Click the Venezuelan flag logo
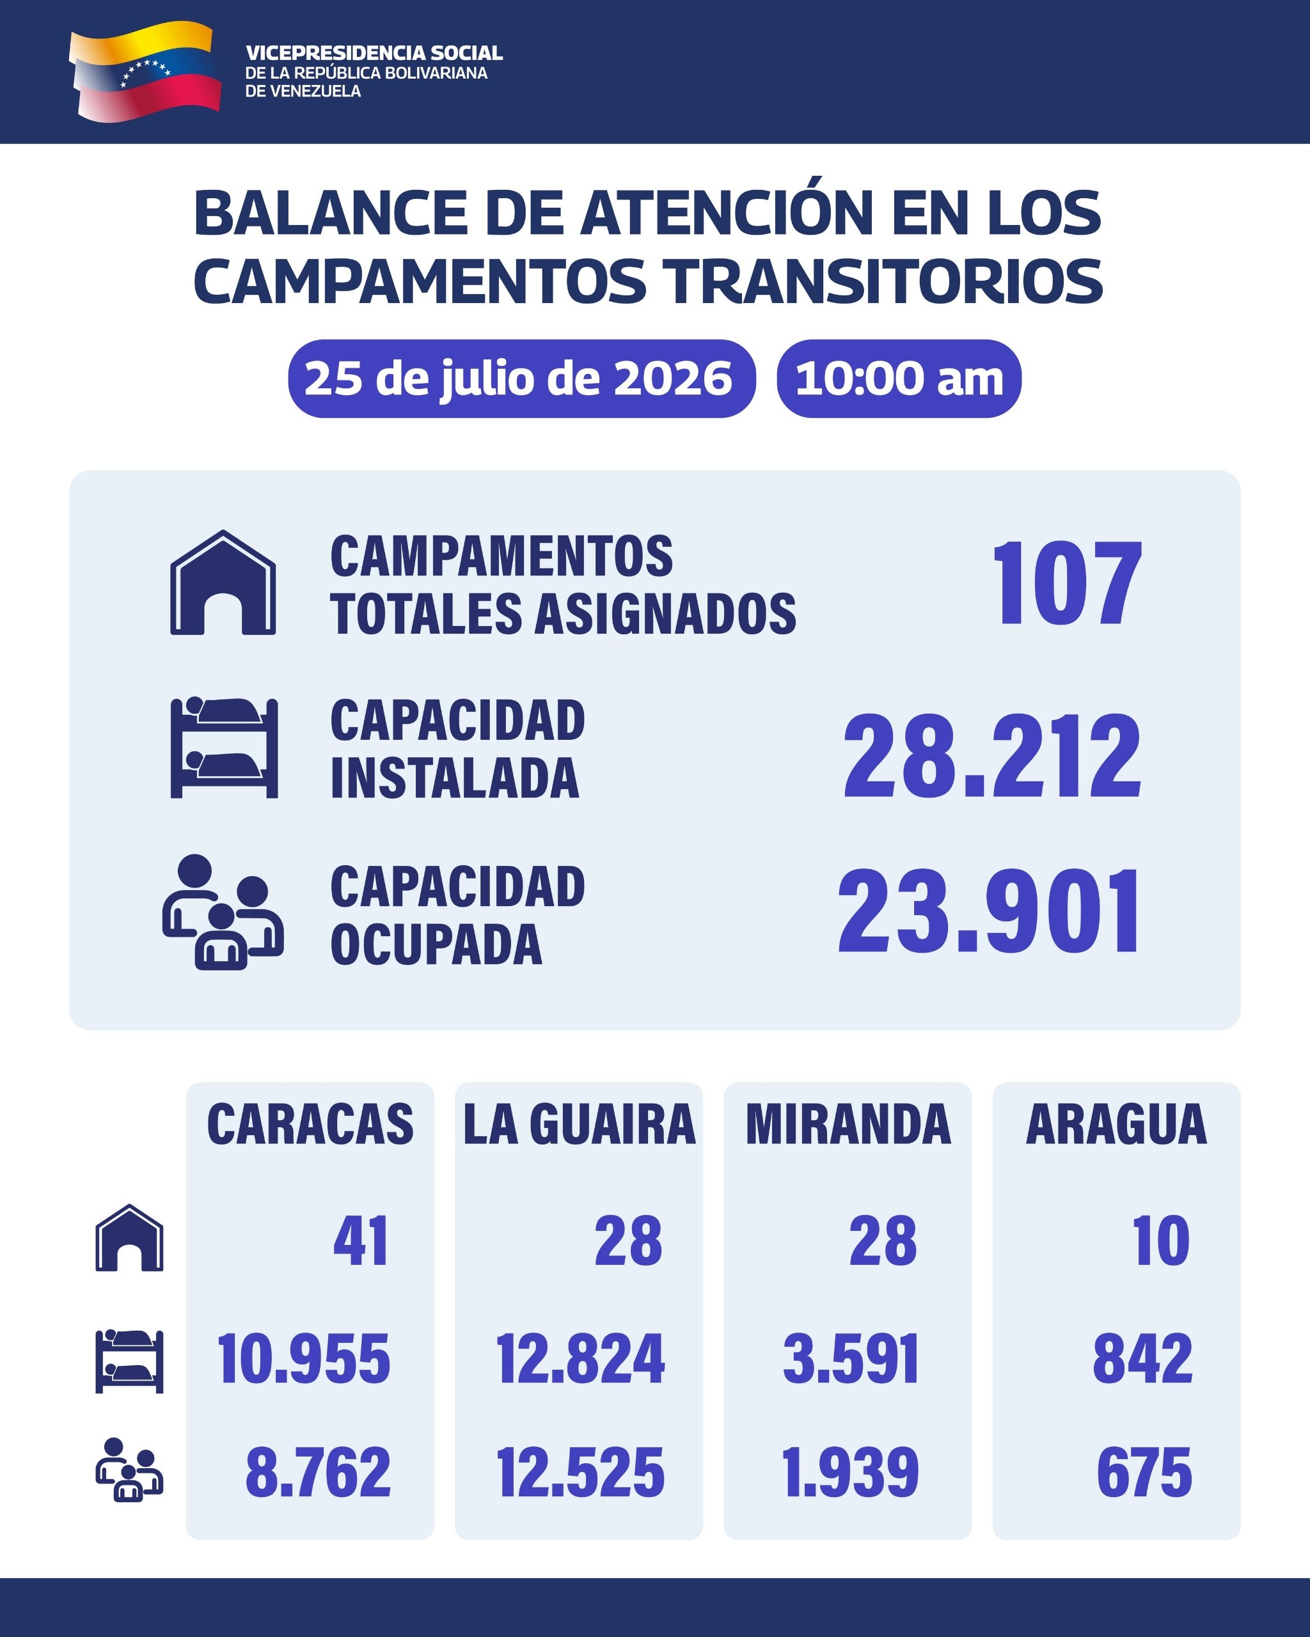[145, 72]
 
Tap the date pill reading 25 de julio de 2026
[522, 378]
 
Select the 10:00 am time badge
[899, 378]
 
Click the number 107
[1066, 583]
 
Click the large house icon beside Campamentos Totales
[223, 583]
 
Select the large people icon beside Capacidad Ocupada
[223, 912]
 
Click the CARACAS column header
[310, 1125]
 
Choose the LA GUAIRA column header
[580, 1125]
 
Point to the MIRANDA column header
[848, 1125]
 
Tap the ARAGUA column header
[1116, 1125]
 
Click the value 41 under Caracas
[361, 1241]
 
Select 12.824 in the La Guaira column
[580, 1358]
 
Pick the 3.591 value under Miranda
[851, 1358]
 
